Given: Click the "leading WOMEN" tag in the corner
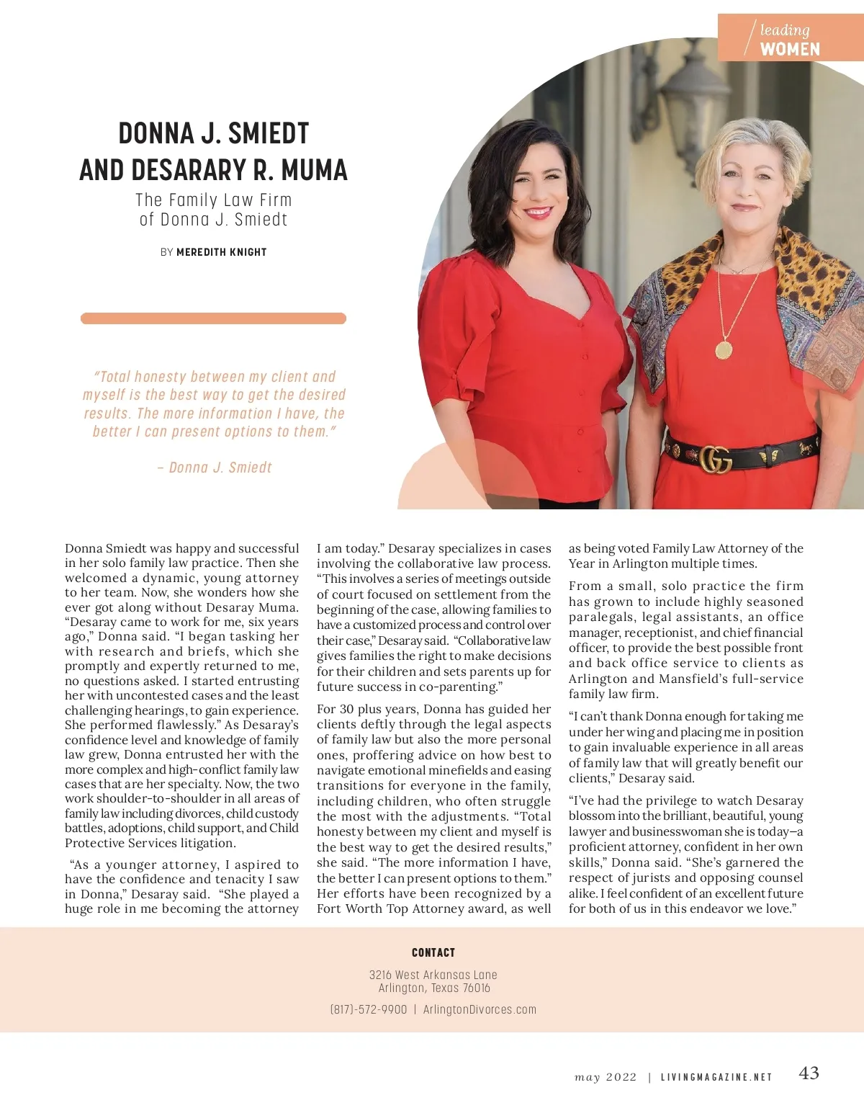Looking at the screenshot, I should (x=790, y=40).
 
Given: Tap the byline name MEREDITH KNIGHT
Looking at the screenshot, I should (x=222, y=252).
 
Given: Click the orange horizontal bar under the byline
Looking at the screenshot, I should (x=213, y=318).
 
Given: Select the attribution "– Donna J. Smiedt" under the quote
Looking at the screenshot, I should (x=215, y=468).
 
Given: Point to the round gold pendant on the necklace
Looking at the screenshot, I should (x=723, y=350).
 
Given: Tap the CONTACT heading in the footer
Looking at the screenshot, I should (x=433, y=952).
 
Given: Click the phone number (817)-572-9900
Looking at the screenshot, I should (x=369, y=1009).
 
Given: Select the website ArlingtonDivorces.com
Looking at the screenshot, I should (x=480, y=1009).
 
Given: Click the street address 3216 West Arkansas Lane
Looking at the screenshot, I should (x=433, y=975).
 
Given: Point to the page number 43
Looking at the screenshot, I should (x=809, y=1073).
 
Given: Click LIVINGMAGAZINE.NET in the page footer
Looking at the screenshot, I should (x=716, y=1077).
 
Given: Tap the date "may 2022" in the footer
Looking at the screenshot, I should (x=606, y=1077).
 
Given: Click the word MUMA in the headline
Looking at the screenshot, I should (x=314, y=171).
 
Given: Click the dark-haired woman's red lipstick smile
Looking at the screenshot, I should (x=537, y=212).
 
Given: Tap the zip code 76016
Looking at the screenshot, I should (x=477, y=988).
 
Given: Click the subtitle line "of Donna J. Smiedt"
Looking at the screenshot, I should (x=214, y=220).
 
